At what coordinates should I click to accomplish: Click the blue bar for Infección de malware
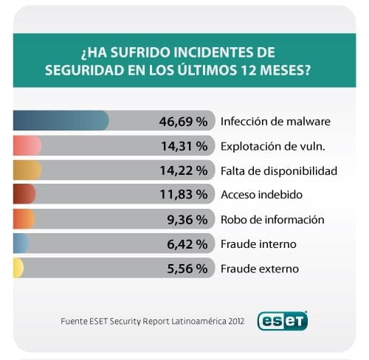(61, 121)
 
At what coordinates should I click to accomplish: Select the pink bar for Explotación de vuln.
(27, 146)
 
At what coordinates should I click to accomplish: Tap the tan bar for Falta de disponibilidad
(27, 170)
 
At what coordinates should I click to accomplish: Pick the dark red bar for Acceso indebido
(24, 195)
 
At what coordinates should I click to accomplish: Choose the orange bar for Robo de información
(24, 219)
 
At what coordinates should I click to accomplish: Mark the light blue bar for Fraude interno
(21, 243)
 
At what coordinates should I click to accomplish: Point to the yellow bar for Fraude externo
(18, 269)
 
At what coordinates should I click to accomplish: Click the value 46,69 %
(183, 121)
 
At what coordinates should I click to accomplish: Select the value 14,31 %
(184, 146)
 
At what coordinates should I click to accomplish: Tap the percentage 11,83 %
(184, 195)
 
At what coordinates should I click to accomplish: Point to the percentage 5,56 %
(187, 269)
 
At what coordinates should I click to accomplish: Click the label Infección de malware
(275, 121)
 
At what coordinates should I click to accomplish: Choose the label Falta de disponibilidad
(279, 170)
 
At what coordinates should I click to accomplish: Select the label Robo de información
(272, 219)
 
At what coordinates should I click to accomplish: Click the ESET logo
(282, 321)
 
